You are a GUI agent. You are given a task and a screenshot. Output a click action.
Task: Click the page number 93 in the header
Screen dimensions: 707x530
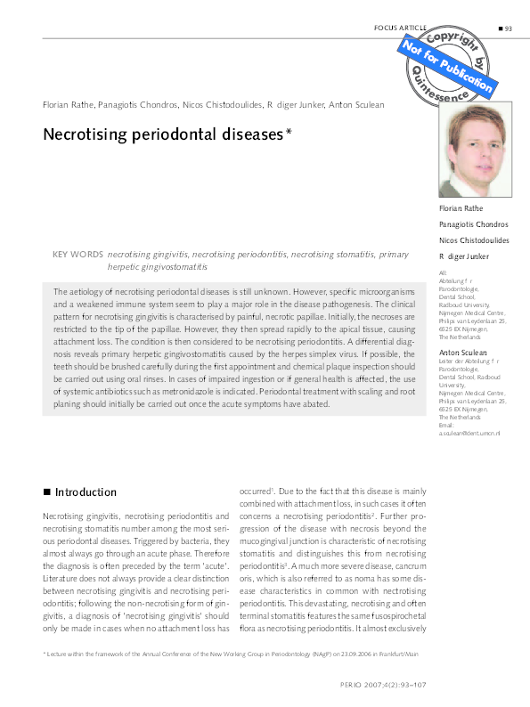point(508,28)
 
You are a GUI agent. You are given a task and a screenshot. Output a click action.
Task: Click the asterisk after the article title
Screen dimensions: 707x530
point(289,133)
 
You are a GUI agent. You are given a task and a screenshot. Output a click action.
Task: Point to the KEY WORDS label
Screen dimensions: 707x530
point(77,255)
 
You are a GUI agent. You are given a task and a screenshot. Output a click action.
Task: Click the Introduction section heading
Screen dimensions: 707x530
point(86,492)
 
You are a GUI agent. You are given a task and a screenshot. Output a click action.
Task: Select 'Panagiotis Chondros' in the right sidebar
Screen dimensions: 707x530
point(474,224)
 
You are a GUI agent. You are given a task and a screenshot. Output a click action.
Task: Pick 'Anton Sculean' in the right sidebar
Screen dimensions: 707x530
point(463,354)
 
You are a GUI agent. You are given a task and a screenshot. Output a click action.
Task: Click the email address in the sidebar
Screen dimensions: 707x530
point(469,432)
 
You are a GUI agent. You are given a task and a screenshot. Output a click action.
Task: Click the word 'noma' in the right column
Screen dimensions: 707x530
point(347,576)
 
